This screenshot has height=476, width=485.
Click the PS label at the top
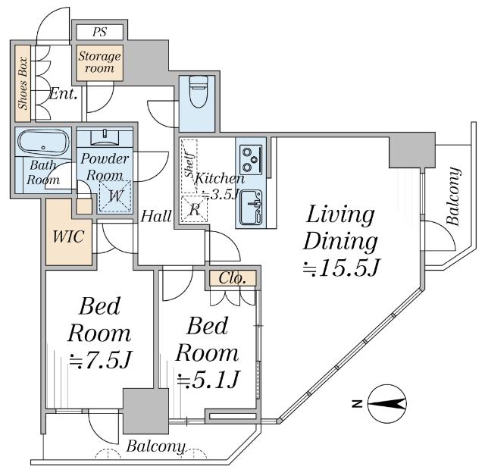(x=99, y=32)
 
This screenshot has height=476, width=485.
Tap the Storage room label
(x=99, y=62)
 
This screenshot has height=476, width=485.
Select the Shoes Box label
(x=24, y=83)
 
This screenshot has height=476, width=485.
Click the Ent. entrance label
(x=62, y=95)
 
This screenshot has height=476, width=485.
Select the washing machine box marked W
(x=114, y=196)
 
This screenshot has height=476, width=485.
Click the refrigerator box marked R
(x=194, y=209)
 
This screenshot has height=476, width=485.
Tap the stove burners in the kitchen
(x=251, y=158)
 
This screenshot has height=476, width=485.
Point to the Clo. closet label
(x=233, y=279)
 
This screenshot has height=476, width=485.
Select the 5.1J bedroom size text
(x=208, y=378)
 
